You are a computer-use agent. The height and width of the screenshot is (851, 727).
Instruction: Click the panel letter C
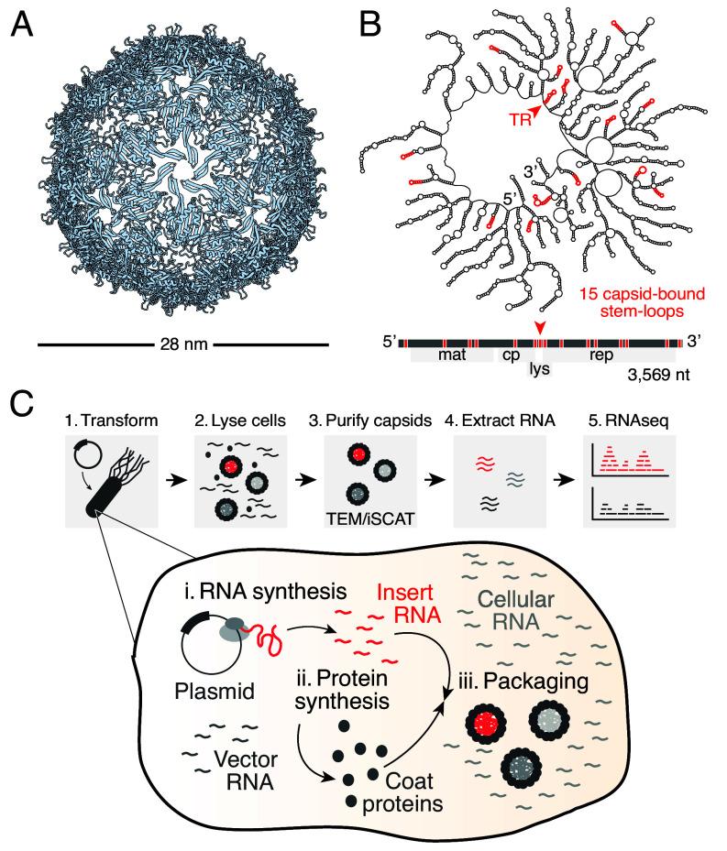coord(25,404)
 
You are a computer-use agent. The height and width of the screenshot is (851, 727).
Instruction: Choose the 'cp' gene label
coord(509,353)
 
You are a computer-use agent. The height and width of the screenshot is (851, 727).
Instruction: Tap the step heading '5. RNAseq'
coord(624,422)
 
